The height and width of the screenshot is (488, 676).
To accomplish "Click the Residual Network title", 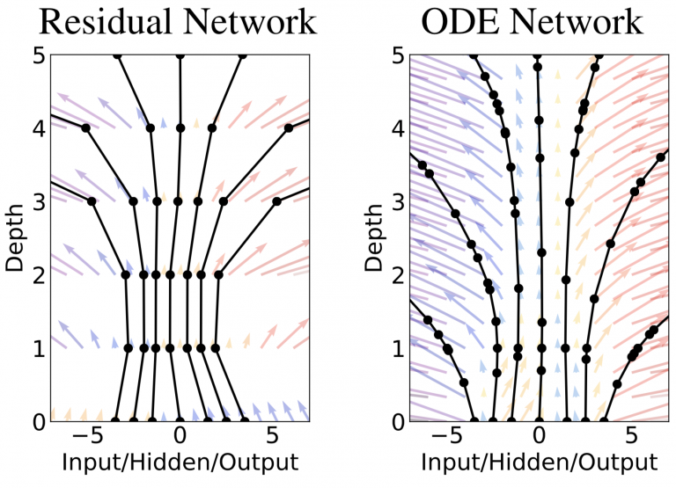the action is pos(179,21).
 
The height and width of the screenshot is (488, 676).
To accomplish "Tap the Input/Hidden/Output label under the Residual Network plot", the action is pos(180,463).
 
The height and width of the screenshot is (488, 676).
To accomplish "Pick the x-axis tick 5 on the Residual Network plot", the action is pos(272,437).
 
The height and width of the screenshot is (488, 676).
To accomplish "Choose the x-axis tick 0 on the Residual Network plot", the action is pos(180,437).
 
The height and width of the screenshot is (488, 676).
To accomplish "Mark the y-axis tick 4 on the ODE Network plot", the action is pos(399,128).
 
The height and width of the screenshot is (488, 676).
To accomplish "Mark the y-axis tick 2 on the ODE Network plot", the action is pos(399,275).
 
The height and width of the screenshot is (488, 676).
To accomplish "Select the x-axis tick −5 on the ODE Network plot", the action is pos(445,437).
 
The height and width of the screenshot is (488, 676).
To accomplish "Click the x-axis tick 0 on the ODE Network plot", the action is pos(540,437).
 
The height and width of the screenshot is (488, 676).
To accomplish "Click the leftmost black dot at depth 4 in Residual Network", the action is pos(86,128).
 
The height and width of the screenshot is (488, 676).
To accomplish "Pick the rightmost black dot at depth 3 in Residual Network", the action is pos(276,201).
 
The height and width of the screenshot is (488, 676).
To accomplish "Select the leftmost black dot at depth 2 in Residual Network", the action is pos(126,275).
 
